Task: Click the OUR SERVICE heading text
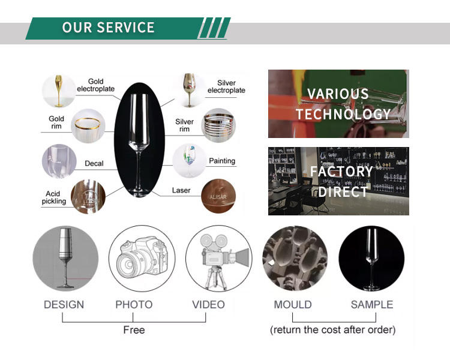[109, 28]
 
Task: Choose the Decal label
[94, 163]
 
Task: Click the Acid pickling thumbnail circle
[88, 197]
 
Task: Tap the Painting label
[221, 161]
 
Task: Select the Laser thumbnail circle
[218, 196]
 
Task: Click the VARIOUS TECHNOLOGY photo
[338, 104]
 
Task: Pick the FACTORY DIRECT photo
[338, 181]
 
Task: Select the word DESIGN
[64, 305]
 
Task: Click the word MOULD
[293, 305]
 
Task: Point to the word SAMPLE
[372, 305]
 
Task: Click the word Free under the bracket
[134, 330]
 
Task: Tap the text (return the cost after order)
[332, 330]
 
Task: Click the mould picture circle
[295, 259]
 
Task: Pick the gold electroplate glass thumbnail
[59, 91]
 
